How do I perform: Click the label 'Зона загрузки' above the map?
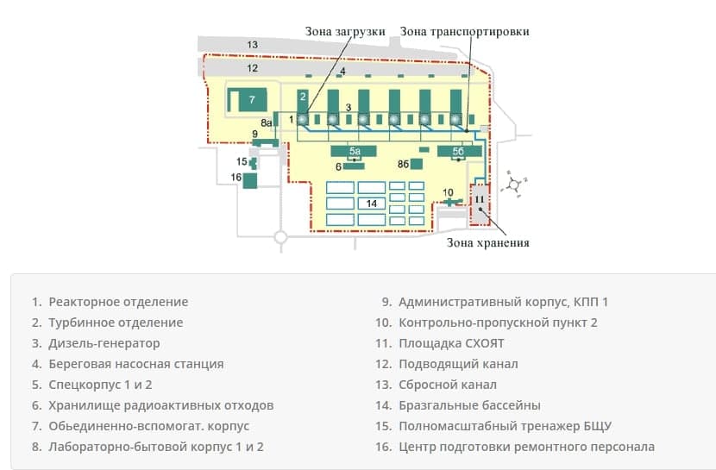(x=345, y=31)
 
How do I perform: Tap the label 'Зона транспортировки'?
(x=464, y=31)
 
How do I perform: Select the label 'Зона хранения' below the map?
(x=487, y=242)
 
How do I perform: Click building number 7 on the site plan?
(x=251, y=99)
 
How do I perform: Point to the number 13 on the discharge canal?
(x=252, y=44)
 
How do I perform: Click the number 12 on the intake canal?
(x=252, y=67)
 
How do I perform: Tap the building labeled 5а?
(x=355, y=151)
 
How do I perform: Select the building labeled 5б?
(x=459, y=151)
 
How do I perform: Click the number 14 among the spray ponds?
(x=372, y=204)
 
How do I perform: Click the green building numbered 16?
(x=250, y=180)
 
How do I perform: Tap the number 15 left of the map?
(x=242, y=161)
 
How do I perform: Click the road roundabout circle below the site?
(x=279, y=236)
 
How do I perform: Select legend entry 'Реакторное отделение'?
(x=118, y=302)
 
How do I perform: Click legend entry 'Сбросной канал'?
(x=447, y=385)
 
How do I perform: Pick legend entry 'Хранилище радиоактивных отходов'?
(x=161, y=405)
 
